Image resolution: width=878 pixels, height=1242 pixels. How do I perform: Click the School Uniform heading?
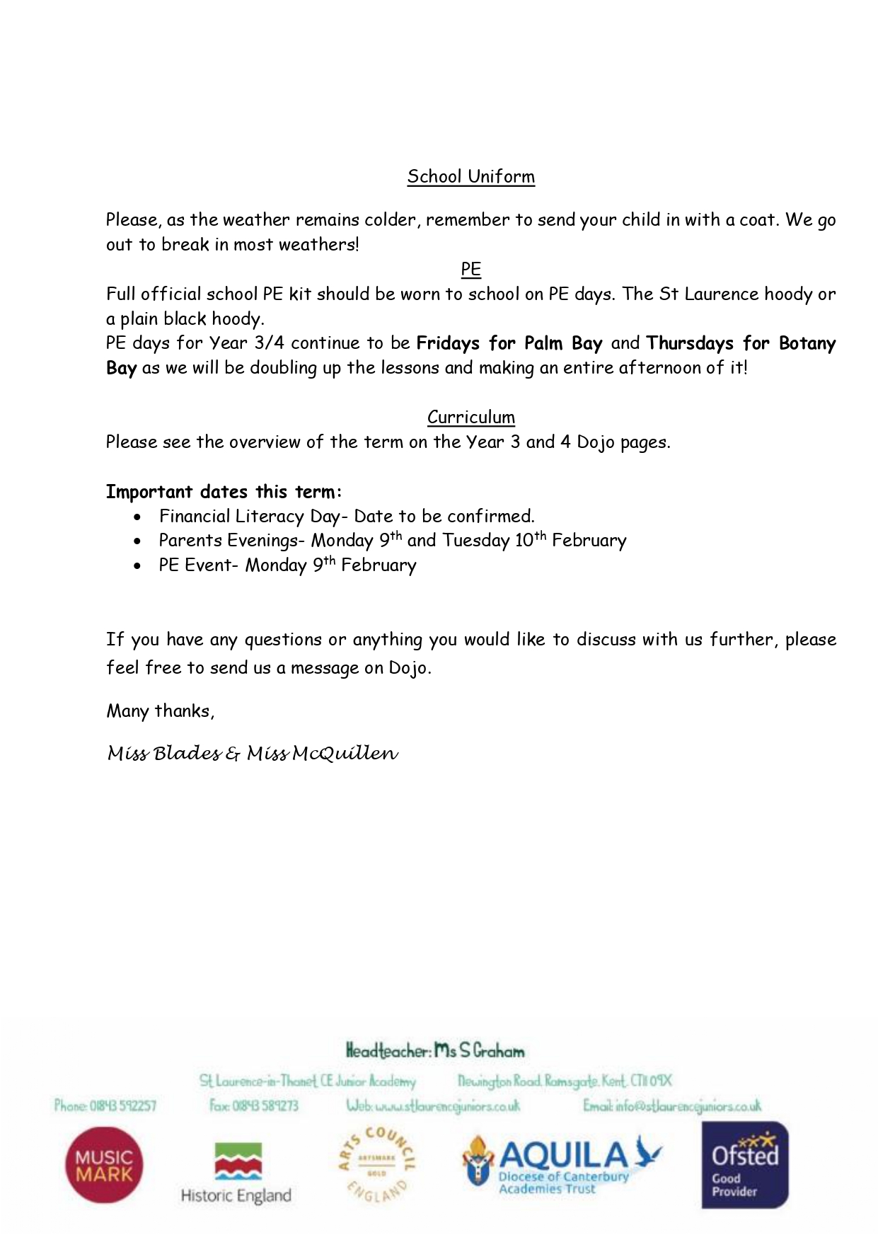[470, 176]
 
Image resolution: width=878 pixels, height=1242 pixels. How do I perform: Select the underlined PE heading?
[470, 269]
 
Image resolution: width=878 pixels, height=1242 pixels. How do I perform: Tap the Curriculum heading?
[470, 417]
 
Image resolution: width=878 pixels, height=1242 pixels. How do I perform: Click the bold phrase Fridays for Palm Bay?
[509, 343]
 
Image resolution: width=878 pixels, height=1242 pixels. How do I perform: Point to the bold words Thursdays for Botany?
[740, 343]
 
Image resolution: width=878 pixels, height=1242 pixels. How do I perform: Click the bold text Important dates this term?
[224, 491]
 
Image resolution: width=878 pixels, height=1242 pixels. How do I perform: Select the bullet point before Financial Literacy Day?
[137, 517]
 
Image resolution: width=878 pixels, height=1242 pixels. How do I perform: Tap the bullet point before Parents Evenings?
[137, 542]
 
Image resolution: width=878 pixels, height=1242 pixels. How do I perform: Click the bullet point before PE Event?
[137, 566]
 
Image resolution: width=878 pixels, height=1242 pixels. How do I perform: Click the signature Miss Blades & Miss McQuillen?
[253, 754]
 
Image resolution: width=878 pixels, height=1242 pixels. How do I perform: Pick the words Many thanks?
[160, 711]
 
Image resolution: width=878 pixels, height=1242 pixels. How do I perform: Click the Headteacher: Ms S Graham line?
[435, 1051]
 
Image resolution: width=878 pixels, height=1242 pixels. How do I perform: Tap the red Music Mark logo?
[103, 1165]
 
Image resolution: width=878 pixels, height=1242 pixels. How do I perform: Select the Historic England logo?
[236, 1172]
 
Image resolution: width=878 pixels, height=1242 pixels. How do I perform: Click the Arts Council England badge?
[376, 1163]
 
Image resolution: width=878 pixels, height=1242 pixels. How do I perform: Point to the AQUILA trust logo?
[562, 1165]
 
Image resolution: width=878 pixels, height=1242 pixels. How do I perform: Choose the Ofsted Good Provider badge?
[744, 1165]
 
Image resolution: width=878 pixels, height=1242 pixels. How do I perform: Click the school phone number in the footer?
[105, 1105]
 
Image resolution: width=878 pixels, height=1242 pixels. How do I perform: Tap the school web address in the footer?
[433, 1105]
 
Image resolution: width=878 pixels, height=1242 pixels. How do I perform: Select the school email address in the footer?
[672, 1105]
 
